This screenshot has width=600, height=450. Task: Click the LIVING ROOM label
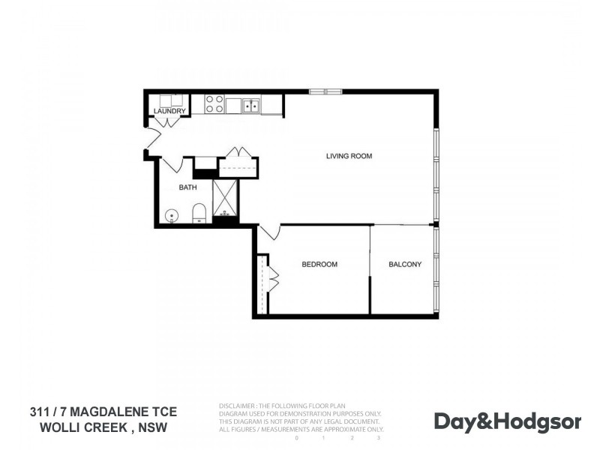pos(349,156)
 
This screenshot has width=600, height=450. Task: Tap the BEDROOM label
pos(319,264)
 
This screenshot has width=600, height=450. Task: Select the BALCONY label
pos(404,264)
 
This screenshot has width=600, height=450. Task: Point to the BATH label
pos(187,187)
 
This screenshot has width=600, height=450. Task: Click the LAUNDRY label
pos(169,112)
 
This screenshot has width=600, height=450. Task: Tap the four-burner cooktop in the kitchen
pos(214,104)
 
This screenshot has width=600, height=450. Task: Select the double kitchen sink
pos(250,105)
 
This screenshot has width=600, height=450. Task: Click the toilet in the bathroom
pos(199,214)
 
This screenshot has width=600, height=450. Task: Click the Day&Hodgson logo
pos(507,421)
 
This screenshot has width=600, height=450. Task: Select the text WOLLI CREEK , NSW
pos(103,428)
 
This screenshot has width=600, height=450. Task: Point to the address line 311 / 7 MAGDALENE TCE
pos(103,412)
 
